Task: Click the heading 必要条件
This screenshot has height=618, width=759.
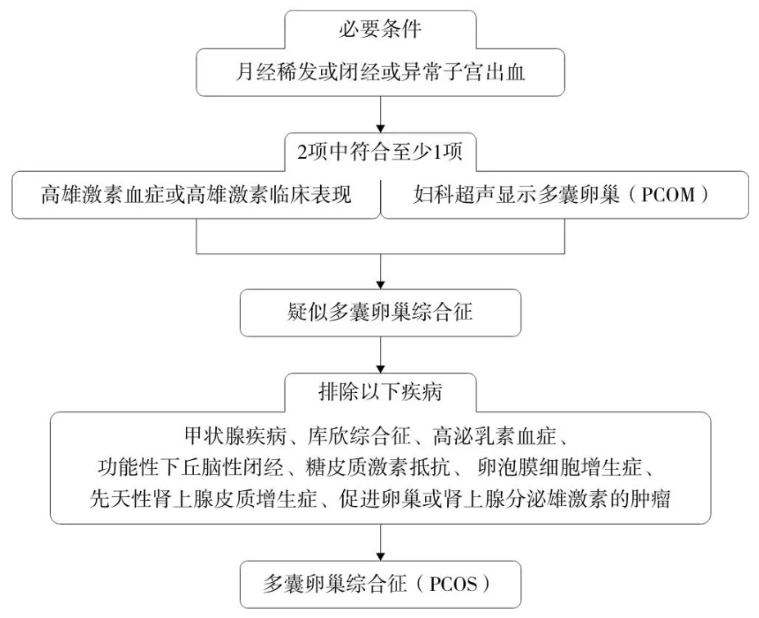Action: pyautogui.click(x=380, y=29)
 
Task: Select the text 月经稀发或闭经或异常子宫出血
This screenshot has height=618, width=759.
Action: pyautogui.click(x=380, y=73)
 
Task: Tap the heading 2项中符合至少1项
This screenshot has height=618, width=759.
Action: pyautogui.click(x=380, y=152)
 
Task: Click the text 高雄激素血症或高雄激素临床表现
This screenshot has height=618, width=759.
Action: pyautogui.click(x=196, y=195)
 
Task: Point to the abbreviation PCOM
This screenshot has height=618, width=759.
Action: pyautogui.click(x=668, y=195)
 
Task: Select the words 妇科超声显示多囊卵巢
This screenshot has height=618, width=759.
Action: pyautogui.click(x=517, y=195)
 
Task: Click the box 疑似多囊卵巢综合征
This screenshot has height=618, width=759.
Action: pyautogui.click(x=380, y=313)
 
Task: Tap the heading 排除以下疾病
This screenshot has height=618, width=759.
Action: pyautogui.click(x=380, y=391)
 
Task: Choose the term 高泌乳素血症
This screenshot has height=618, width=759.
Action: pyautogui.click(x=495, y=436)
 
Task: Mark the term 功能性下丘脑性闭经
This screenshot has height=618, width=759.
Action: pyautogui.click(x=191, y=467)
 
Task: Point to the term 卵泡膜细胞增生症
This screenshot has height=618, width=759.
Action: pyautogui.click(x=559, y=467)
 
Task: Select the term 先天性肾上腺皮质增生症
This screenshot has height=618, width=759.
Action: pyautogui.click(x=203, y=498)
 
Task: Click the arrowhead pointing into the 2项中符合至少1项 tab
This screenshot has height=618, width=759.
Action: pyautogui.click(x=381, y=129)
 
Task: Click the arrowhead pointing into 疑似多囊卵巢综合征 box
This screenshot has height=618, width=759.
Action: pyautogui.click(x=381, y=285)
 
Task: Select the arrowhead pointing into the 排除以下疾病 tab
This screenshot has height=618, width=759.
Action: pyautogui.click(x=381, y=369)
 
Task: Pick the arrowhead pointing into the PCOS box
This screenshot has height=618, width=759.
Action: pyautogui.click(x=381, y=557)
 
